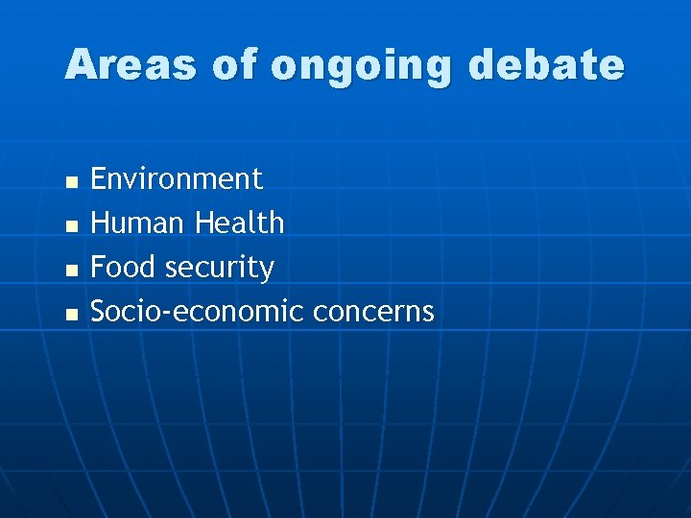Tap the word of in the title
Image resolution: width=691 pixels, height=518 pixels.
pyautogui.click(x=234, y=65)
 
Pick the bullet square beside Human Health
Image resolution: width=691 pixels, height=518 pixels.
pyautogui.click(x=69, y=225)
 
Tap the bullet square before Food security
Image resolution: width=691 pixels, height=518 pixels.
pyautogui.click(x=69, y=270)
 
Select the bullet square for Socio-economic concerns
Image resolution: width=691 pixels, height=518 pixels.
pyautogui.click(x=69, y=314)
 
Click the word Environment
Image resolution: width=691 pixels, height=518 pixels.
pyautogui.click(x=177, y=178)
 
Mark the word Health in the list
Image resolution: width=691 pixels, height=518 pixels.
pyautogui.click(x=240, y=223)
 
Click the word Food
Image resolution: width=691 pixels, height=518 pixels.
pyautogui.click(x=125, y=267)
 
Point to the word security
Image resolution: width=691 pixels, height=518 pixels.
pyautogui.click(x=220, y=269)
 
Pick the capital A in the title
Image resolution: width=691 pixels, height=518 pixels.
pyautogui.click(x=81, y=65)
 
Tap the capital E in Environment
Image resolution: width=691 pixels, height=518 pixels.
pyautogui.click(x=98, y=178)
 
